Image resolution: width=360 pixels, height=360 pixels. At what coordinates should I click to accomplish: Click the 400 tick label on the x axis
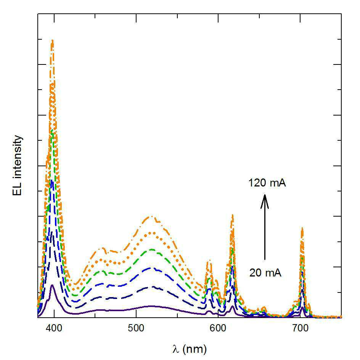[x=54, y=328]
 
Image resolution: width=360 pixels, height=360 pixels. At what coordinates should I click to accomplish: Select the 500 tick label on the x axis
[x=136, y=328]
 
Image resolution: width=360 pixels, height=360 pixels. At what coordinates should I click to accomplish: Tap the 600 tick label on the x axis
[x=218, y=328]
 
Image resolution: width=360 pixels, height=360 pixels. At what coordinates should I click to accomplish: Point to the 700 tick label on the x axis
[x=300, y=328]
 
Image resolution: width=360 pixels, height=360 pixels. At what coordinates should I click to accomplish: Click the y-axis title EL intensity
[x=18, y=165]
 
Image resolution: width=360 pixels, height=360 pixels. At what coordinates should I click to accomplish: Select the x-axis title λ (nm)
[x=190, y=349]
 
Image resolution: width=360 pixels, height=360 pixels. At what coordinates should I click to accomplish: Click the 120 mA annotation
[x=267, y=183]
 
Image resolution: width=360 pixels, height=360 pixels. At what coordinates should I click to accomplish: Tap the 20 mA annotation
[x=265, y=273]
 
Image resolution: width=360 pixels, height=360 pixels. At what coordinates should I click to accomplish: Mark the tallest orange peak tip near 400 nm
[x=53, y=40]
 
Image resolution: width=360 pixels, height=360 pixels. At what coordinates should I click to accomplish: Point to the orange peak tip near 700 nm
[x=302, y=228]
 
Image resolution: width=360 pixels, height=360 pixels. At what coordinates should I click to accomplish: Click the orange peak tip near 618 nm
[x=233, y=215]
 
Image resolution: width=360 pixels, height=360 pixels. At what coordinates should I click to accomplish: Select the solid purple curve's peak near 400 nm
[x=52, y=285]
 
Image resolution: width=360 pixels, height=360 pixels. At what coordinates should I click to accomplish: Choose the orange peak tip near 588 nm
[x=209, y=262]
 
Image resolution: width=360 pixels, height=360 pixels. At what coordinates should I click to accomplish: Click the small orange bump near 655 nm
[x=264, y=307]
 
